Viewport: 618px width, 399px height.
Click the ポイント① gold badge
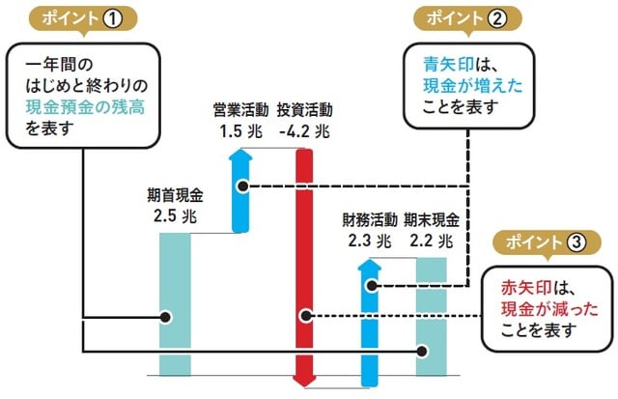pos(83,19)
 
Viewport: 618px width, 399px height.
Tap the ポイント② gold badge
pos(467,19)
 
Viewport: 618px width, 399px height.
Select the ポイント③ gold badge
pos(547,243)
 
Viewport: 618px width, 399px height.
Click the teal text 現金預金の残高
pos(85,107)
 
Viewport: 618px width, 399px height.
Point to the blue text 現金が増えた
pos(473,86)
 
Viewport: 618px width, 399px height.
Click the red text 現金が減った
pos(549,309)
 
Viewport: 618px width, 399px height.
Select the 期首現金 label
pos(175,195)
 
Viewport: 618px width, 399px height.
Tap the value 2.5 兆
pos(175,216)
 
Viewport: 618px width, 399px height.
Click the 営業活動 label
pos(240,110)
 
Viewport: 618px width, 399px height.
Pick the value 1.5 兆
pos(240,131)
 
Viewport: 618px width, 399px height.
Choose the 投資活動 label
pos(305,110)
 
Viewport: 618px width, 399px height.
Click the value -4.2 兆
pos(304,131)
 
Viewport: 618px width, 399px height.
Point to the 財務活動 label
pos(370,220)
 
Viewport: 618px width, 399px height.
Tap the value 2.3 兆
pos(370,242)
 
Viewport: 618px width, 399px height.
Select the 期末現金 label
pos(432,220)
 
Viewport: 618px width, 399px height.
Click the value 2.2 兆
pos(432,242)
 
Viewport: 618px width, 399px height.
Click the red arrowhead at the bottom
pos(305,381)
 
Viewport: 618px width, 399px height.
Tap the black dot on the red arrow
pos(306,315)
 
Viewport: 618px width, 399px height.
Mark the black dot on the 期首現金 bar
pos(165,317)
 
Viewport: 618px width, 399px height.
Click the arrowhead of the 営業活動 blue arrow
pos(240,155)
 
